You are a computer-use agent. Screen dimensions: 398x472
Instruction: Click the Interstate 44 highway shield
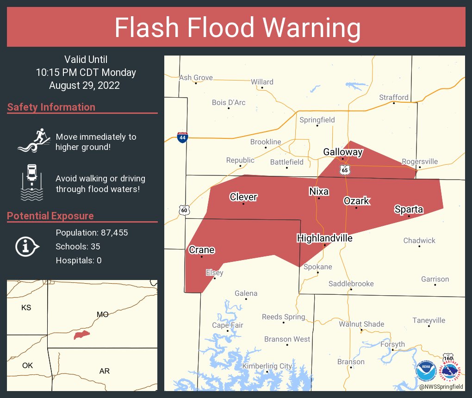tap(182, 137)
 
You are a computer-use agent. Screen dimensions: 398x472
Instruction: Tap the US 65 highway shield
tap(345, 170)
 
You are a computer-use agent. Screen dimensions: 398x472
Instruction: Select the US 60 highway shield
tap(184, 210)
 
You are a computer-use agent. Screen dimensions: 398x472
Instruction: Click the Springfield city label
tap(317, 120)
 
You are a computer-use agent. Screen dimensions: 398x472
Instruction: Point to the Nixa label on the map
tap(319, 191)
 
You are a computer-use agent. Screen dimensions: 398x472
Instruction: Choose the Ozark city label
tap(356, 200)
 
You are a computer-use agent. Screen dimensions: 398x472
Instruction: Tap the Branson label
tap(351, 361)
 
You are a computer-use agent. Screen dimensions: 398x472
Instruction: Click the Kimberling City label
tap(267, 366)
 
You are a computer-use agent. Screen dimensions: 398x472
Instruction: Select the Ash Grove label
tap(196, 77)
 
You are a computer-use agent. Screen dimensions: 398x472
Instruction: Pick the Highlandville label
tap(324, 238)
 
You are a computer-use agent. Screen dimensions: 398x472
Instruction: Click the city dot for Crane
tap(202, 257)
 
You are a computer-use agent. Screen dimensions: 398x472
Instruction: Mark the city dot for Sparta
tap(409, 216)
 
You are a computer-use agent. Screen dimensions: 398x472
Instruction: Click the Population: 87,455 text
tap(92, 232)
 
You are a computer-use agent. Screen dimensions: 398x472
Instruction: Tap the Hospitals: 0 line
tap(79, 260)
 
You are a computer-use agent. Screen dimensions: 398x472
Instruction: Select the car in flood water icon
tap(31, 182)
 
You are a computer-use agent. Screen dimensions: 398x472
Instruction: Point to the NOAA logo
tap(426, 371)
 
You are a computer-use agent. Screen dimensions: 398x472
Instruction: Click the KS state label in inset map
tap(26, 307)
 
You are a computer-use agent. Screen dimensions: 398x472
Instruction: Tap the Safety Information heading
tap(51, 107)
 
